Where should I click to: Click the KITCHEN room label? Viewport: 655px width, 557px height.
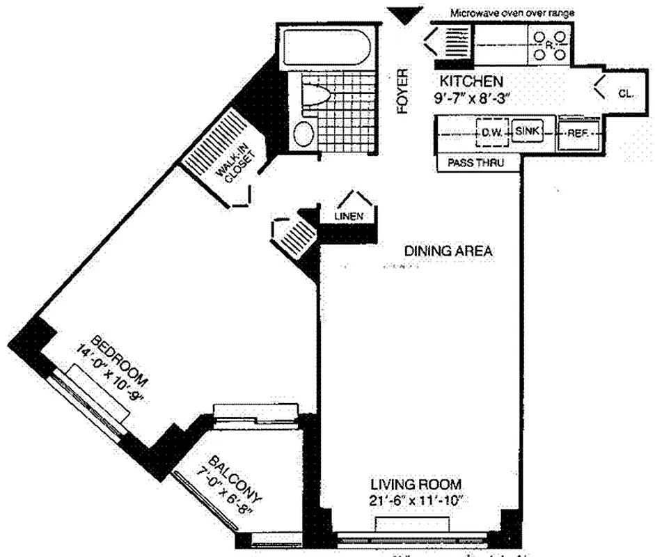tap(468, 80)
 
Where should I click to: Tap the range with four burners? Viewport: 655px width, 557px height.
tap(550, 45)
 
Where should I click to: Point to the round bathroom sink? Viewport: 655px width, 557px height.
tap(303, 133)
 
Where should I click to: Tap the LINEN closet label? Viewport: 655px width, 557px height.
tap(349, 217)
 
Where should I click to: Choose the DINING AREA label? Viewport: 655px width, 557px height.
tap(449, 251)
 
